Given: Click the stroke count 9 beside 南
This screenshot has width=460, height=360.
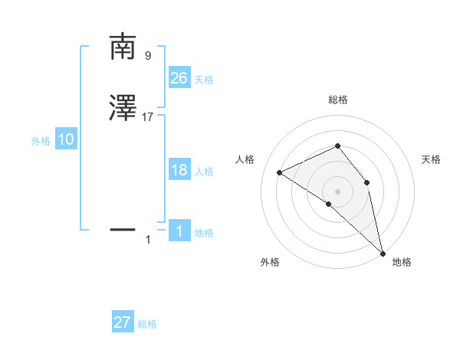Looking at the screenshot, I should (x=148, y=56).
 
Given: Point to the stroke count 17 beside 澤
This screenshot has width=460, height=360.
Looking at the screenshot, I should (x=148, y=117).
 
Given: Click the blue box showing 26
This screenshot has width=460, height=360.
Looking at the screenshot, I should (x=179, y=77).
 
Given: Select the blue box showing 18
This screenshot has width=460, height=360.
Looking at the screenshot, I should (x=179, y=170).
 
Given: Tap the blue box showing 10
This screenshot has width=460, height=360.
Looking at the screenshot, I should (x=66, y=139).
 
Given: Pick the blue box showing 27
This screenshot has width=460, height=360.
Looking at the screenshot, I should (x=123, y=322).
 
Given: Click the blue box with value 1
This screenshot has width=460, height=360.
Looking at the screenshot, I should (x=179, y=231).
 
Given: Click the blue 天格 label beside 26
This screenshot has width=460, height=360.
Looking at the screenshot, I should (x=204, y=80).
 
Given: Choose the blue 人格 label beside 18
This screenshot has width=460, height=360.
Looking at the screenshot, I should (x=204, y=172).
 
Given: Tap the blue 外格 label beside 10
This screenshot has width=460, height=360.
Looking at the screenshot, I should (x=41, y=141).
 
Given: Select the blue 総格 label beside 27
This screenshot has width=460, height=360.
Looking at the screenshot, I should (x=147, y=324).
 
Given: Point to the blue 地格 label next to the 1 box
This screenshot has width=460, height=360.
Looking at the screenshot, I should (x=204, y=233).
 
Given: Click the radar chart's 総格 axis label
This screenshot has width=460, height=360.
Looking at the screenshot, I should (x=338, y=100).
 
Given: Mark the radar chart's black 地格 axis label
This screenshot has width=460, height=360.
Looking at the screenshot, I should (x=402, y=262).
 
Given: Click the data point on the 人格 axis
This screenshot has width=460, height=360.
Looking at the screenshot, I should (x=279, y=172).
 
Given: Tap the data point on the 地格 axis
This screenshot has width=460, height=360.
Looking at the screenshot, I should (x=383, y=252).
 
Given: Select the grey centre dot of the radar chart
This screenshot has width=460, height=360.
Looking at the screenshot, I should (x=337, y=191).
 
